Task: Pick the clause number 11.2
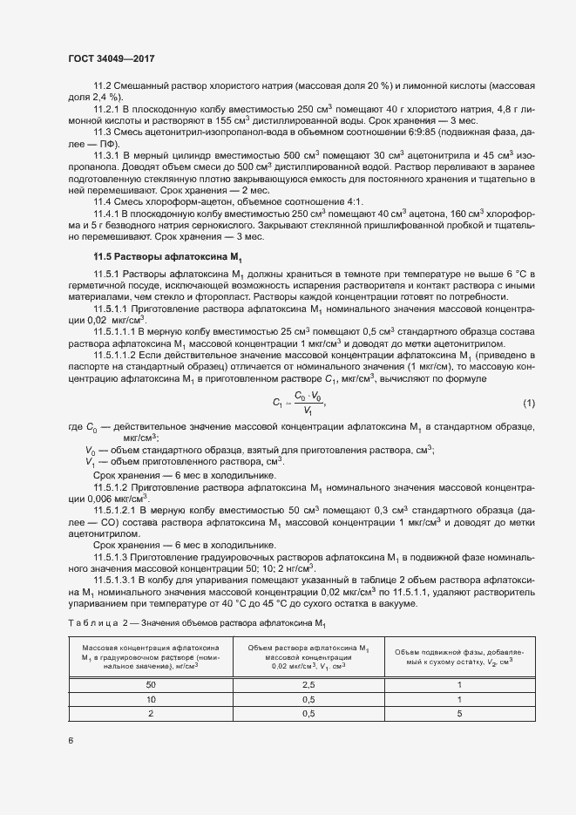(105, 87)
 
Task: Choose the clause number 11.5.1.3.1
(119, 579)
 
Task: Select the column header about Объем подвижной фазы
(454, 656)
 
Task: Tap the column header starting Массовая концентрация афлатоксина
(152, 656)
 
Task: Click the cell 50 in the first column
(152, 685)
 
